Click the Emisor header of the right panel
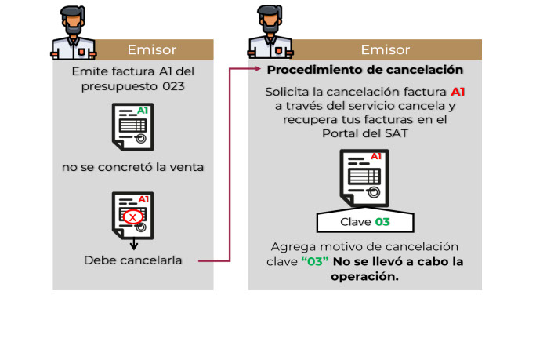(386, 49)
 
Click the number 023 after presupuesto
(172, 86)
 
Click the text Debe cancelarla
(133, 260)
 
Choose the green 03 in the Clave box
(382, 222)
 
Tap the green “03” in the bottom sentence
(315, 261)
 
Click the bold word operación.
(365, 276)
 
